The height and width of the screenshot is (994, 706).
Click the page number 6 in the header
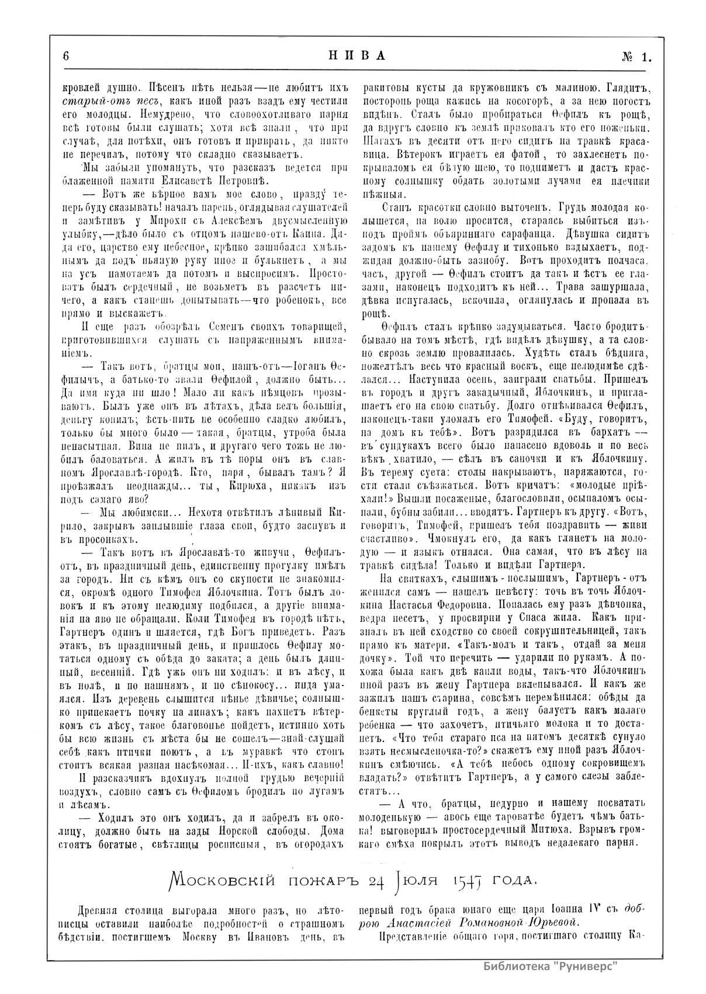[x=66, y=56]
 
